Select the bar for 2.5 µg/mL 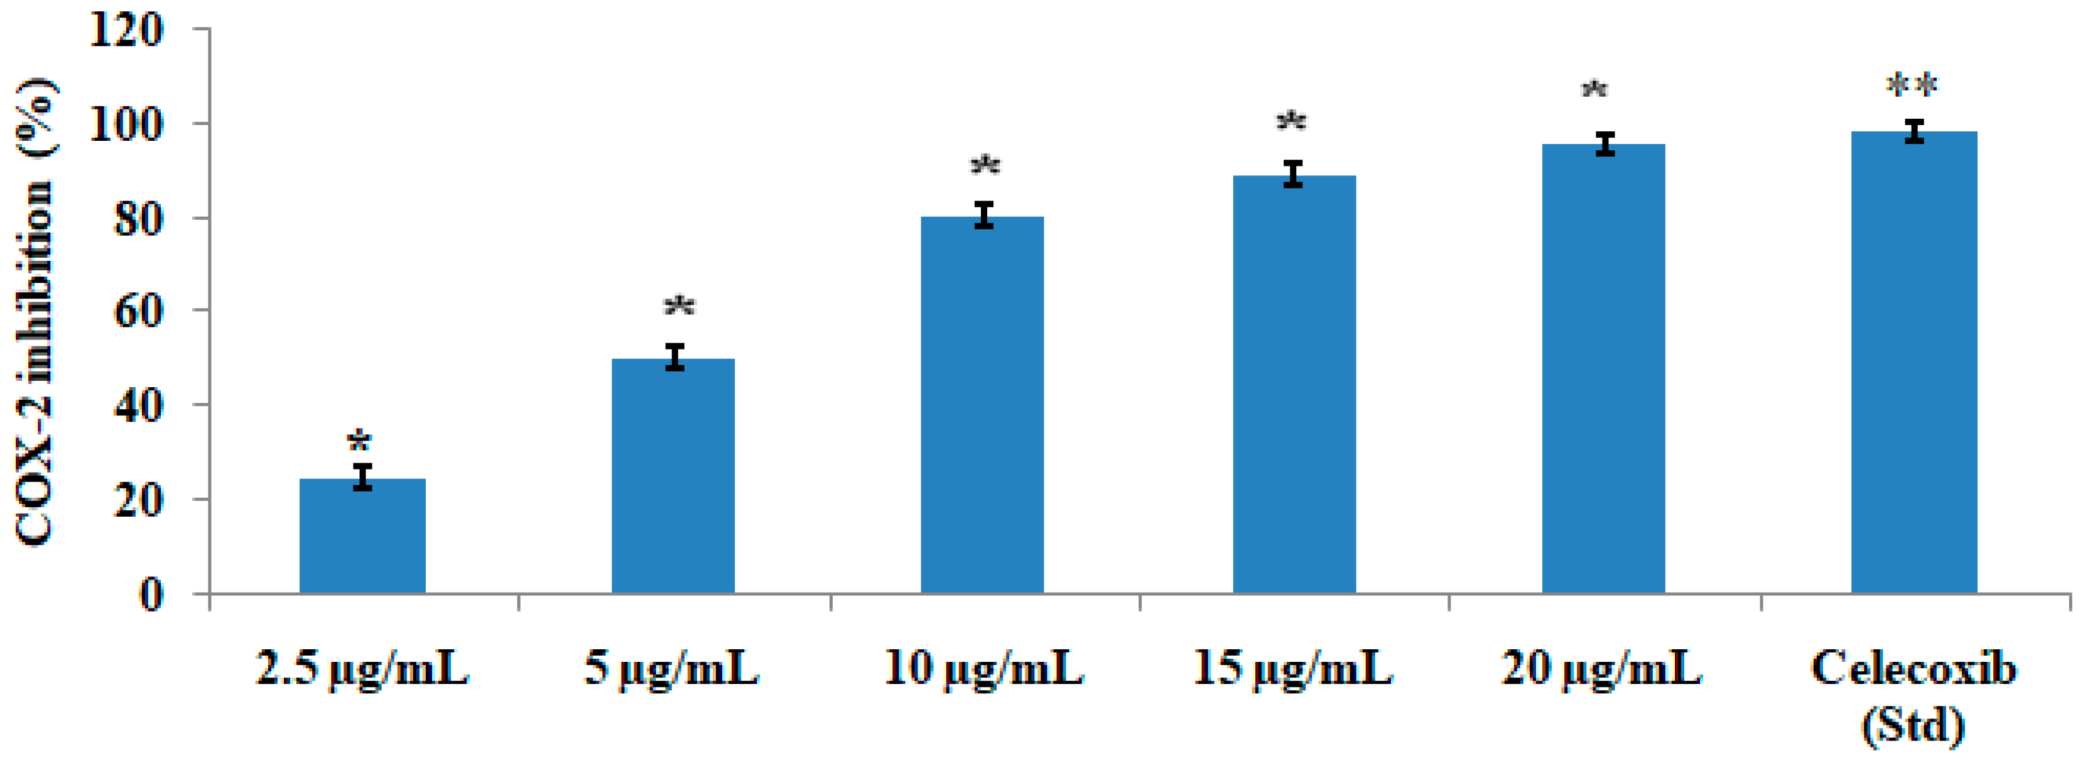point(362,536)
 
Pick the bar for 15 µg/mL point(1294,384)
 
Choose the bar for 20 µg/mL point(1603,368)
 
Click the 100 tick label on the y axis point(126,124)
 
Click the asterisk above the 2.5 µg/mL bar point(359,442)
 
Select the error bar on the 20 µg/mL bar point(1604,144)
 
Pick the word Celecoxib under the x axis point(1913,668)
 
